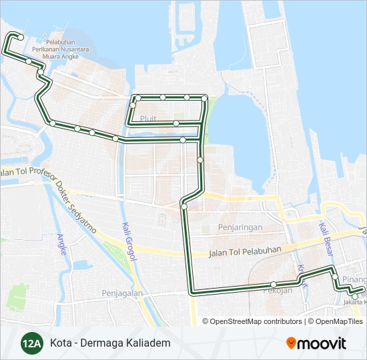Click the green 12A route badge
point(30,343)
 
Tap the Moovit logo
point(316,343)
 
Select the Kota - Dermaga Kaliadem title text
point(110,343)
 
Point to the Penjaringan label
point(239,228)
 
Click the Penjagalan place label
point(123,293)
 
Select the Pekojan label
point(278,291)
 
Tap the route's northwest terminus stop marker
point(21,37)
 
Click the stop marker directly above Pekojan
point(274,285)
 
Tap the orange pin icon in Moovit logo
point(292,343)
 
